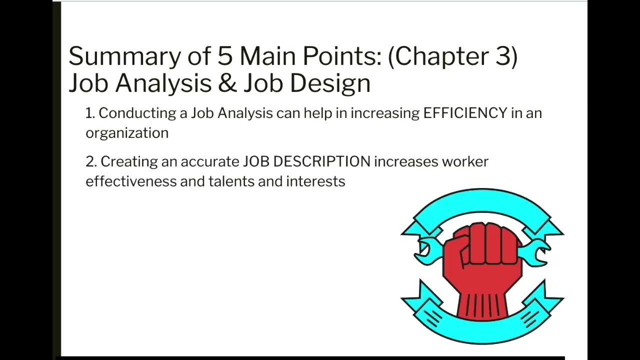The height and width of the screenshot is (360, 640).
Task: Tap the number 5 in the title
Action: [x=225, y=56]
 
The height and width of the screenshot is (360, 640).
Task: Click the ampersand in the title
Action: [x=227, y=83]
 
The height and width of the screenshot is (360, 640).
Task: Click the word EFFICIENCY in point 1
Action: [x=465, y=113]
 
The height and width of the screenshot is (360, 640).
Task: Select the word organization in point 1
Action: [x=127, y=133]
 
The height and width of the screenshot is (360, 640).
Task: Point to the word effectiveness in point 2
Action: [x=131, y=181]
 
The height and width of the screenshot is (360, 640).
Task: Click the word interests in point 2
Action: [x=315, y=181]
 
